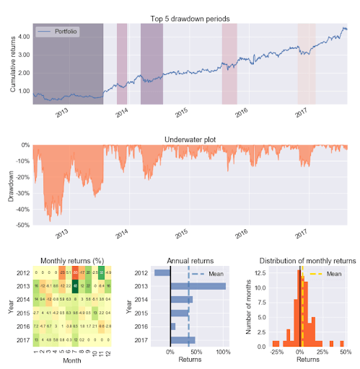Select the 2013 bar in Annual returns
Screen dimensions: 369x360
click(198, 286)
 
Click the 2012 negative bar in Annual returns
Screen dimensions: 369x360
click(162, 273)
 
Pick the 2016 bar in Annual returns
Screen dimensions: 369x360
click(173, 326)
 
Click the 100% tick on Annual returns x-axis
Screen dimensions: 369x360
click(222, 352)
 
